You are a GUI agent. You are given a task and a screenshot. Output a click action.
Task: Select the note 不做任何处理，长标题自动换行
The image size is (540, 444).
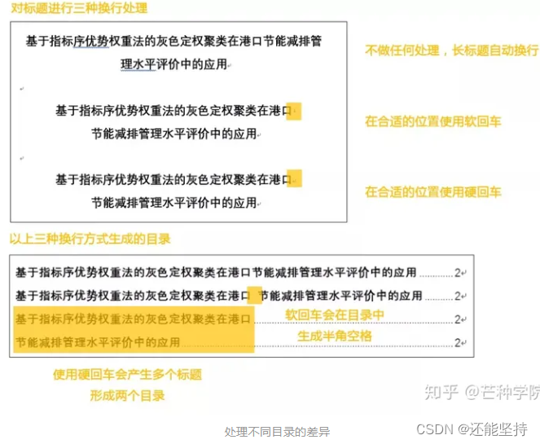pos(451,50)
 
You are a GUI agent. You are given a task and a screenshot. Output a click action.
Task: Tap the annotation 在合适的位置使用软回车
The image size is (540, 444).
pos(432,121)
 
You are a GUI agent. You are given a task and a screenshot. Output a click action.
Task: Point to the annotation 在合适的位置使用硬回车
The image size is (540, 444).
pos(432,191)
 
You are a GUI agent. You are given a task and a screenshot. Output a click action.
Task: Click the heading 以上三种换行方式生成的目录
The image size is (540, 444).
pos(90,239)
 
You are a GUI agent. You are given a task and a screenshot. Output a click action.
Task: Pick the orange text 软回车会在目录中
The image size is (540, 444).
pos(334,314)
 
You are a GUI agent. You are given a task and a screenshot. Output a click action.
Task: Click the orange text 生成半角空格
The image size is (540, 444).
pos(334,335)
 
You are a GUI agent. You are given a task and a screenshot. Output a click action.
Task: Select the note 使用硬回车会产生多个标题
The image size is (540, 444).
pos(127,375)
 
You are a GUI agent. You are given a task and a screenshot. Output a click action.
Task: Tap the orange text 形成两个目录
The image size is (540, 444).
pos(127,395)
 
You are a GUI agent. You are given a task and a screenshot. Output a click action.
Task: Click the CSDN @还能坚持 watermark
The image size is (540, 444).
pos(472,429)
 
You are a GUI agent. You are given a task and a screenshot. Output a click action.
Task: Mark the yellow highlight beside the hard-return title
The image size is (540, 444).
pos(295,178)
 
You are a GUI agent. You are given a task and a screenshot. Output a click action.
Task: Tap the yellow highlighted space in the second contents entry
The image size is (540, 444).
pos(254,295)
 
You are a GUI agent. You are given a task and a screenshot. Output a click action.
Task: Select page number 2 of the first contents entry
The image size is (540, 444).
pos(458,272)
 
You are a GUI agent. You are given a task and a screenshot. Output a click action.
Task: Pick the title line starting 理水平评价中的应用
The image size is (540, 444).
pos(173,64)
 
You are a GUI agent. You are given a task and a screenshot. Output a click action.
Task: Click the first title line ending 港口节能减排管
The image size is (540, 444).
pos(173,42)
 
